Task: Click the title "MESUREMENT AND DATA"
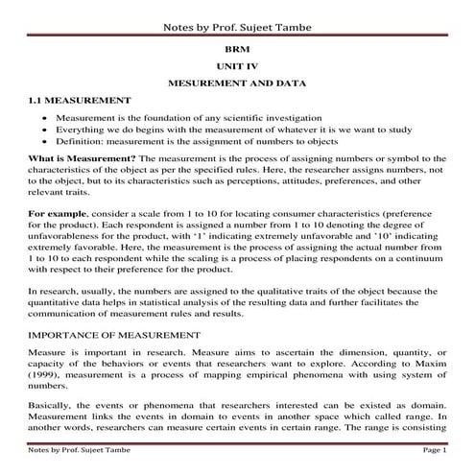point(236,83)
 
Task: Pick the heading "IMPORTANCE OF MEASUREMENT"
point(113,336)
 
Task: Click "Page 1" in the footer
point(435,449)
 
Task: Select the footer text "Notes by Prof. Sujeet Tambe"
point(75,449)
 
